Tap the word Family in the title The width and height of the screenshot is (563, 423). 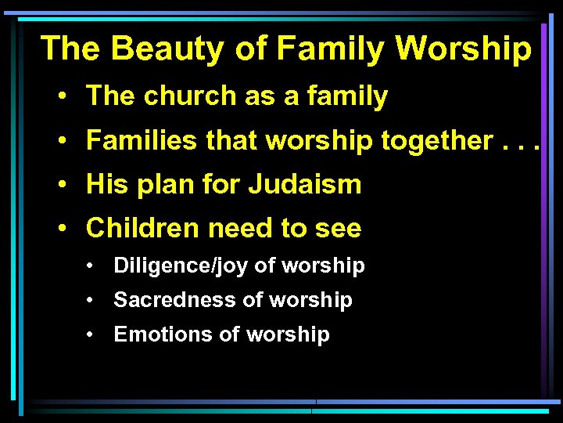(x=329, y=49)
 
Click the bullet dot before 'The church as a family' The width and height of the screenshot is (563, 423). (x=61, y=97)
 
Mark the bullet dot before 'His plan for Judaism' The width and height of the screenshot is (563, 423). (x=61, y=186)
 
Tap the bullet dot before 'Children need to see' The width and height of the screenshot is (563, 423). (x=61, y=230)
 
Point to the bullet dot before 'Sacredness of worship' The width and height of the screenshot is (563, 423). (x=92, y=300)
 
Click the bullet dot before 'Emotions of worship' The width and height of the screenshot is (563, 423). (x=92, y=334)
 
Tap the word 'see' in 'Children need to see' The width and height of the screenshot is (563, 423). (x=338, y=229)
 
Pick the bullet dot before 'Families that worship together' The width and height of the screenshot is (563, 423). (x=61, y=142)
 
